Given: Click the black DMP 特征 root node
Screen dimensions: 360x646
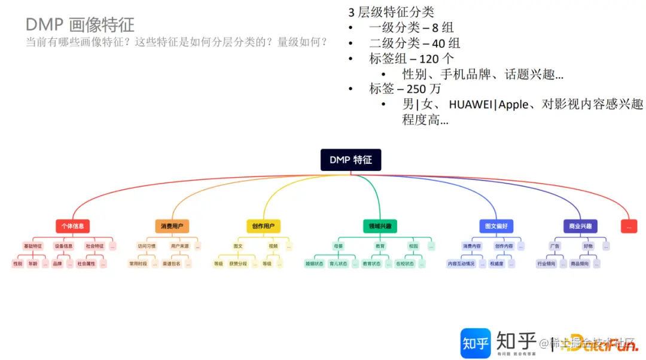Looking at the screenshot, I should tap(351, 160).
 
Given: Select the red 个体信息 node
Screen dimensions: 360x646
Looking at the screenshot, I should tap(73, 226).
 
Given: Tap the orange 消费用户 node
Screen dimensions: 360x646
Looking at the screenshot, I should tap(172, 226).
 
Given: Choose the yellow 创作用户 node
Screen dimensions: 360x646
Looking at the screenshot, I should tap(263, 226).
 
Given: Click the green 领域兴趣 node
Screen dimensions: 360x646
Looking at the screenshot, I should tap(380, 226).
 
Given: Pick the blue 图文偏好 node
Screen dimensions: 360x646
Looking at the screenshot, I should tap(496, 226).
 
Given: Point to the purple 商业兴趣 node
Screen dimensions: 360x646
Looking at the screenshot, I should tap(580, 226).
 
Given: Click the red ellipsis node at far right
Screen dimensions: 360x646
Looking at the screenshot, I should tap(629, 226).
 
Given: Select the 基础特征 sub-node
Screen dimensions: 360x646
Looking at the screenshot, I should tap(33, 246).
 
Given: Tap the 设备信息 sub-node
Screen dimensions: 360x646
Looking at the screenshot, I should tap(63, 246).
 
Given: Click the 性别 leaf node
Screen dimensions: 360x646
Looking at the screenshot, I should tap(18, 263).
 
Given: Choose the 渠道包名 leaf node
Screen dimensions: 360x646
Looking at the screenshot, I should tap(171, 263).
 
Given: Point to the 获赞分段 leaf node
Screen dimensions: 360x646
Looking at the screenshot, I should tap(237, 263).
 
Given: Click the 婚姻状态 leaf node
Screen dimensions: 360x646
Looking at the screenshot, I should tap(313, 263).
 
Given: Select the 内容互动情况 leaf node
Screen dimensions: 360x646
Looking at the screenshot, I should tap(461, 263).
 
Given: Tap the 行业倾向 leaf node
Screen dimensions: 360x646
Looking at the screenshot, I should tap(546, 263).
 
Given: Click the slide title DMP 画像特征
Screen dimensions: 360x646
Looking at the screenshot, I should tap(80, 25).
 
